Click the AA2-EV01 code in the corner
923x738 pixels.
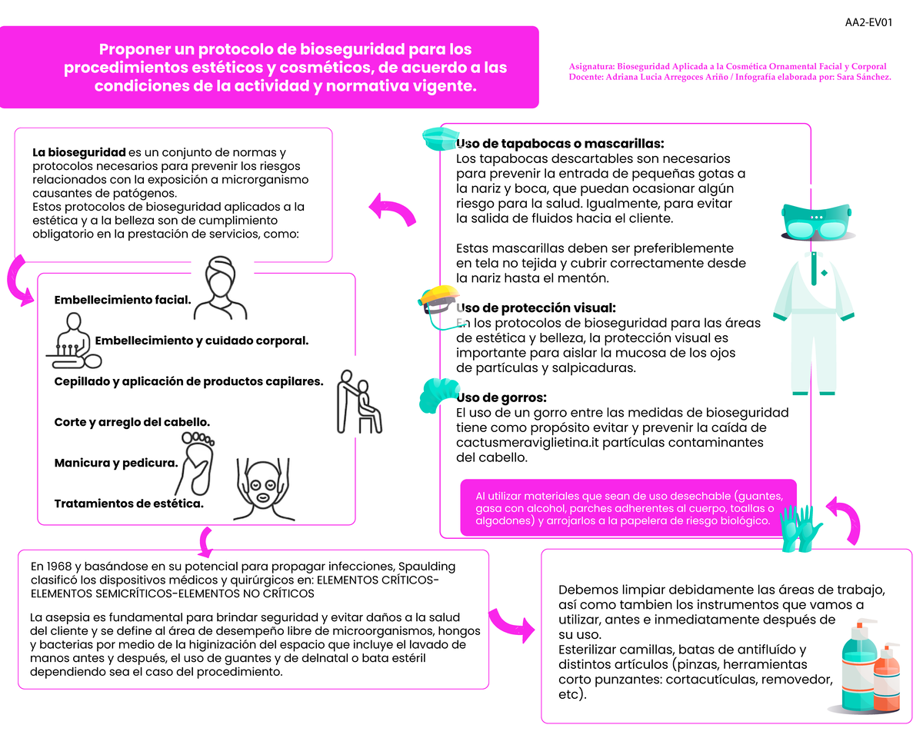point(868,22)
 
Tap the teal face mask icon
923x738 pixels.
point(440,139)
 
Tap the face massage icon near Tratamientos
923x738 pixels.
point(262,492)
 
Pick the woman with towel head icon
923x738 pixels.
point(222,288)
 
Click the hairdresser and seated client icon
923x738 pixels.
point(358,401)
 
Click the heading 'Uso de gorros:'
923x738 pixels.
point(501,397)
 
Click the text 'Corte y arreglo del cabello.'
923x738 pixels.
point(132,422)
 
